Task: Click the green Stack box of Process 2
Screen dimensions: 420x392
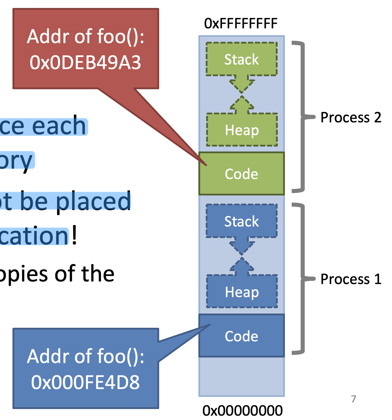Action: pos(241,59)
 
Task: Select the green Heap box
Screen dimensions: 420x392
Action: pos(242,130)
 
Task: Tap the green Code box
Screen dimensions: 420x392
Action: pos(241,174)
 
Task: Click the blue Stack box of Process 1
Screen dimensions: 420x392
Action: pos(241,221)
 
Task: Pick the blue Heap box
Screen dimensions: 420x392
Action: pos(242,292)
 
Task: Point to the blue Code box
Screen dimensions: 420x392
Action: pos(241,336)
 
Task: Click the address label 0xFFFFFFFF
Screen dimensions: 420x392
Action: pos(241,23)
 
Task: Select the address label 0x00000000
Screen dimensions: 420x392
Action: pos(242,410)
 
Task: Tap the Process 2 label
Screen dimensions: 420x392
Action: pos(351,117)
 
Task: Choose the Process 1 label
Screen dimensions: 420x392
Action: pos(351,279)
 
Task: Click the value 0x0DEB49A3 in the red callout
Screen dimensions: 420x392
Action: pos(85,62)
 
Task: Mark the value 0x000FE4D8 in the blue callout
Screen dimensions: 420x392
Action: pos(85,382)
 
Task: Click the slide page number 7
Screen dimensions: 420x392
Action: pos(353,399)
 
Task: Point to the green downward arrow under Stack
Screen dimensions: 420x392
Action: pos(242,84)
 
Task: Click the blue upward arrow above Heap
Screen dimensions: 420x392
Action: pos(242,266)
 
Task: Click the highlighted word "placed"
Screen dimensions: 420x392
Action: pos(93,201)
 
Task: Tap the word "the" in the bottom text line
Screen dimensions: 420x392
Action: pos(98,274)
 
